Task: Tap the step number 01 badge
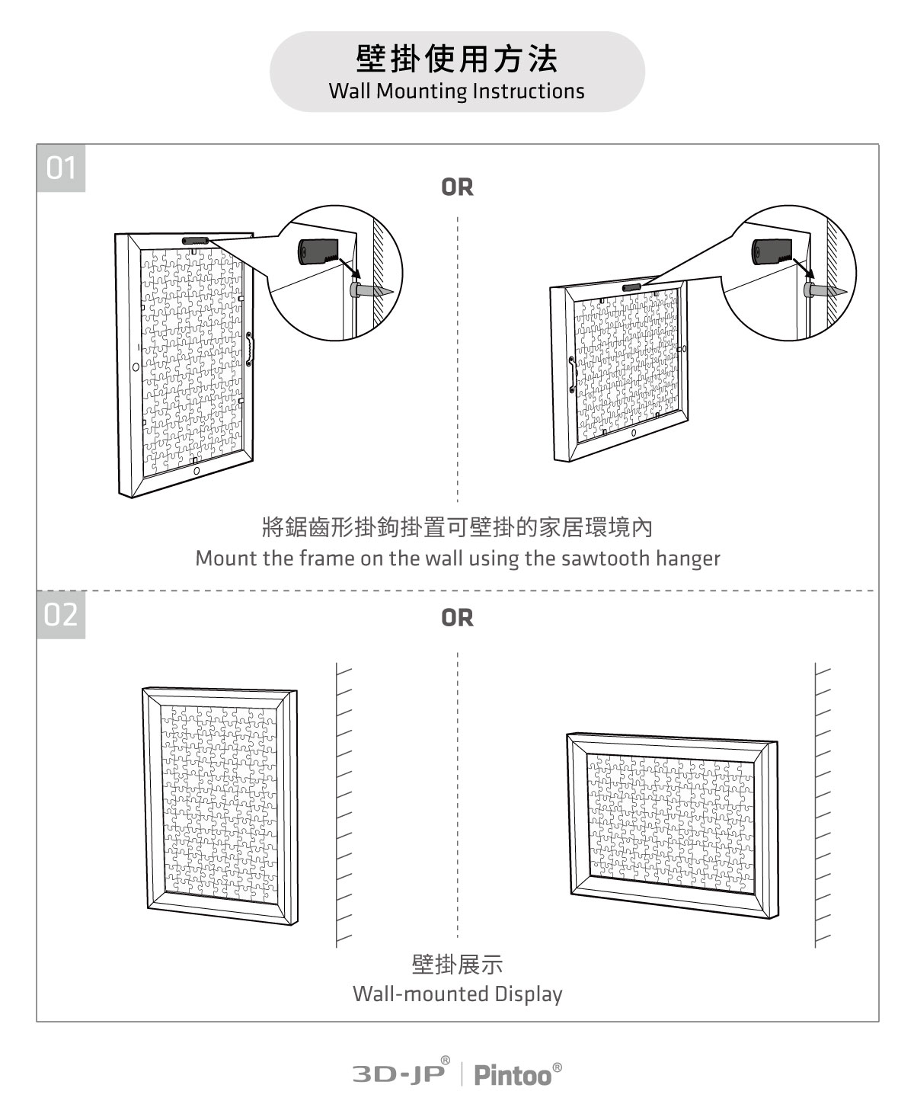(61, 168)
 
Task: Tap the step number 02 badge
(61, 614)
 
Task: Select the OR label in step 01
(457, 187)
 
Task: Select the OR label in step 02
(457, 618)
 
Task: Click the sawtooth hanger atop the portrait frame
(195, 240)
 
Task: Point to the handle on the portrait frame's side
(249, 350)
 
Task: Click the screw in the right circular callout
(826, 290)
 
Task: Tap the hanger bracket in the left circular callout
(315, 252)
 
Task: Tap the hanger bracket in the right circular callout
(770, 251)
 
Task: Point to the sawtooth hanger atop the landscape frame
(632, 287)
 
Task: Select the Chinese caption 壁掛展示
(457, 964)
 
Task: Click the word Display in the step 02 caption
(528, 994)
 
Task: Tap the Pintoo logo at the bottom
(513, 1074)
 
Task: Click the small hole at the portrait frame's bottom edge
(197, 472)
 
